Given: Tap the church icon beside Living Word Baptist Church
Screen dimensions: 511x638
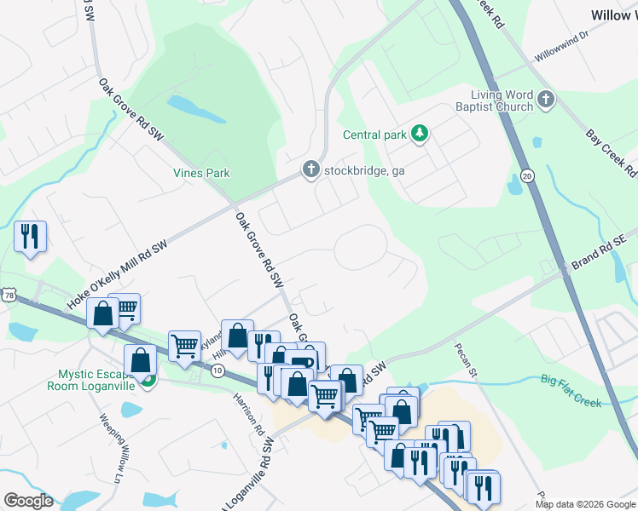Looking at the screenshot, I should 547,101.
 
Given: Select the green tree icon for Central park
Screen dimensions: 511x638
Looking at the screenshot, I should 419,133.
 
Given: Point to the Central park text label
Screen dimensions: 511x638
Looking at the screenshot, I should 374,135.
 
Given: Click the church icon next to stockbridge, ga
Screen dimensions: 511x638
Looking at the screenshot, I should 312,170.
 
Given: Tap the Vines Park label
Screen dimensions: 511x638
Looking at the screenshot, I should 201,174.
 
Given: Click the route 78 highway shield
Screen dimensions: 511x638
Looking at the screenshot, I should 9,295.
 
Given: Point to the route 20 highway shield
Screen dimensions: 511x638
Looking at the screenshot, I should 526,175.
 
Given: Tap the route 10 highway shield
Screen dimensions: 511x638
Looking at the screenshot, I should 217,370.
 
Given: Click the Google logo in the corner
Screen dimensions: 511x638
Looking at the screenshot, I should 28,501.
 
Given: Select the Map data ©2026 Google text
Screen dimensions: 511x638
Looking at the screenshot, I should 584,504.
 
